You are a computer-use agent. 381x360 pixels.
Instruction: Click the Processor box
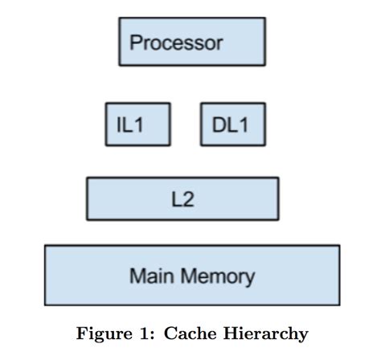point(191,42)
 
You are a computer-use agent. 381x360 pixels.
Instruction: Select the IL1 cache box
point(138,124)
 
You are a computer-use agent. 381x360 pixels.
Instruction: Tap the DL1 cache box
point(232,124)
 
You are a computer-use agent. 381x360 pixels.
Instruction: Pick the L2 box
point(182,198)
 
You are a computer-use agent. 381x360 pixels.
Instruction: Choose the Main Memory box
point(191,276)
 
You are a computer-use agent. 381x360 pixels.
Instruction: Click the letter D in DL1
point(219,125)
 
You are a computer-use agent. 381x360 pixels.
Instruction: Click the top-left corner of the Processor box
point(119,18)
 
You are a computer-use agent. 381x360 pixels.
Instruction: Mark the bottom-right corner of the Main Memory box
point(339,305)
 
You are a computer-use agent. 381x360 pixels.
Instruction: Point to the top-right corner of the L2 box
point(278,178)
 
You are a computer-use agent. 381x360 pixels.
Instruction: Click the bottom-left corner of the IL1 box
point(106,145)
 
